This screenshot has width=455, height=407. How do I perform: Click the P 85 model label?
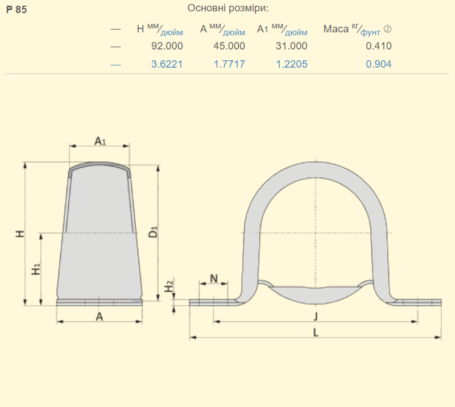(x=16, y=10)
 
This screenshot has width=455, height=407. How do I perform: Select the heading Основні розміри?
(x=228, y=8)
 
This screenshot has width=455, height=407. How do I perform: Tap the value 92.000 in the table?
(x=167, y=46)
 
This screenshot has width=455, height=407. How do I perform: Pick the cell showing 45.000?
(x=229, y=46)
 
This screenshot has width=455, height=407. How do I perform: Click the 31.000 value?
(x=291, y=46)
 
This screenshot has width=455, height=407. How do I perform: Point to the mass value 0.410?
(x=379, y=46)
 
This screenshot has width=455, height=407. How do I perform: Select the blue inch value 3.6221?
(x=167, y=64)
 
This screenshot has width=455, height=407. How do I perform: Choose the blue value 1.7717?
(x=229, y=64)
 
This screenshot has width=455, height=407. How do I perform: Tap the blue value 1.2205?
(x=292, y=64)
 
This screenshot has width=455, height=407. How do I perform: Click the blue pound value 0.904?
(x=379, y=64)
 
